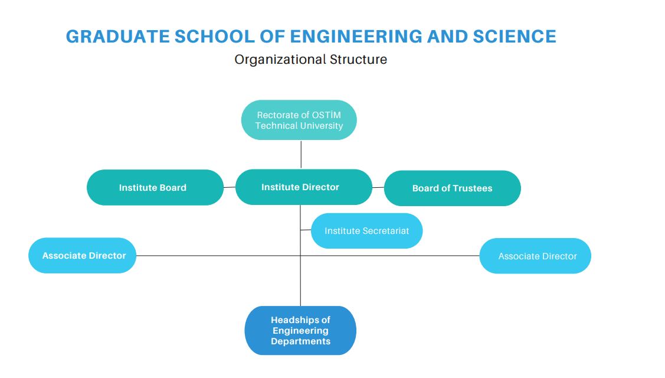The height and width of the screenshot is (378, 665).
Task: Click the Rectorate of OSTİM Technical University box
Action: pos(299,120)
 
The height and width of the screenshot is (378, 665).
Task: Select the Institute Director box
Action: pos(304,187)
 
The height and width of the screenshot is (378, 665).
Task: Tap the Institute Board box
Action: pos(155,187)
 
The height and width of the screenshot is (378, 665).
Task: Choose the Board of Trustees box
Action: pos(453,188)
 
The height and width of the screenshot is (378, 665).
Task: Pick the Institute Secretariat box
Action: pos(367,230)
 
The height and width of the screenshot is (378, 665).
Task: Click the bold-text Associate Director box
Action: pos(82,255)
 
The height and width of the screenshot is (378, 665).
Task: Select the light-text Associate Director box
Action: pos(535,256)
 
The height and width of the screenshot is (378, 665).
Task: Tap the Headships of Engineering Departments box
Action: pos(300,330)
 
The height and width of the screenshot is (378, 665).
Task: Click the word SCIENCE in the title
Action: pos(515,37)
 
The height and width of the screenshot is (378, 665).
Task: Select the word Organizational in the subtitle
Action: pos(280,60)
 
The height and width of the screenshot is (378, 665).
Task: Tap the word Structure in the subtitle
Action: pos(358,59)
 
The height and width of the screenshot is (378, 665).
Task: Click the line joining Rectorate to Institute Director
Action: pos(301,155)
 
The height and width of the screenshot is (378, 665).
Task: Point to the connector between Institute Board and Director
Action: pos(230,187)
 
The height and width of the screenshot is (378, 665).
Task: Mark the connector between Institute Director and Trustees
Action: pos(378,187)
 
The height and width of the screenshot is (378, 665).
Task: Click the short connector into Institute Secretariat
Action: pos(306,230)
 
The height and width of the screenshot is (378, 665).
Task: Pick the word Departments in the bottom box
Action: pos(301,341)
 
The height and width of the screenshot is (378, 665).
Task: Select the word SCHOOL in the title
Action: pos(215,37)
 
